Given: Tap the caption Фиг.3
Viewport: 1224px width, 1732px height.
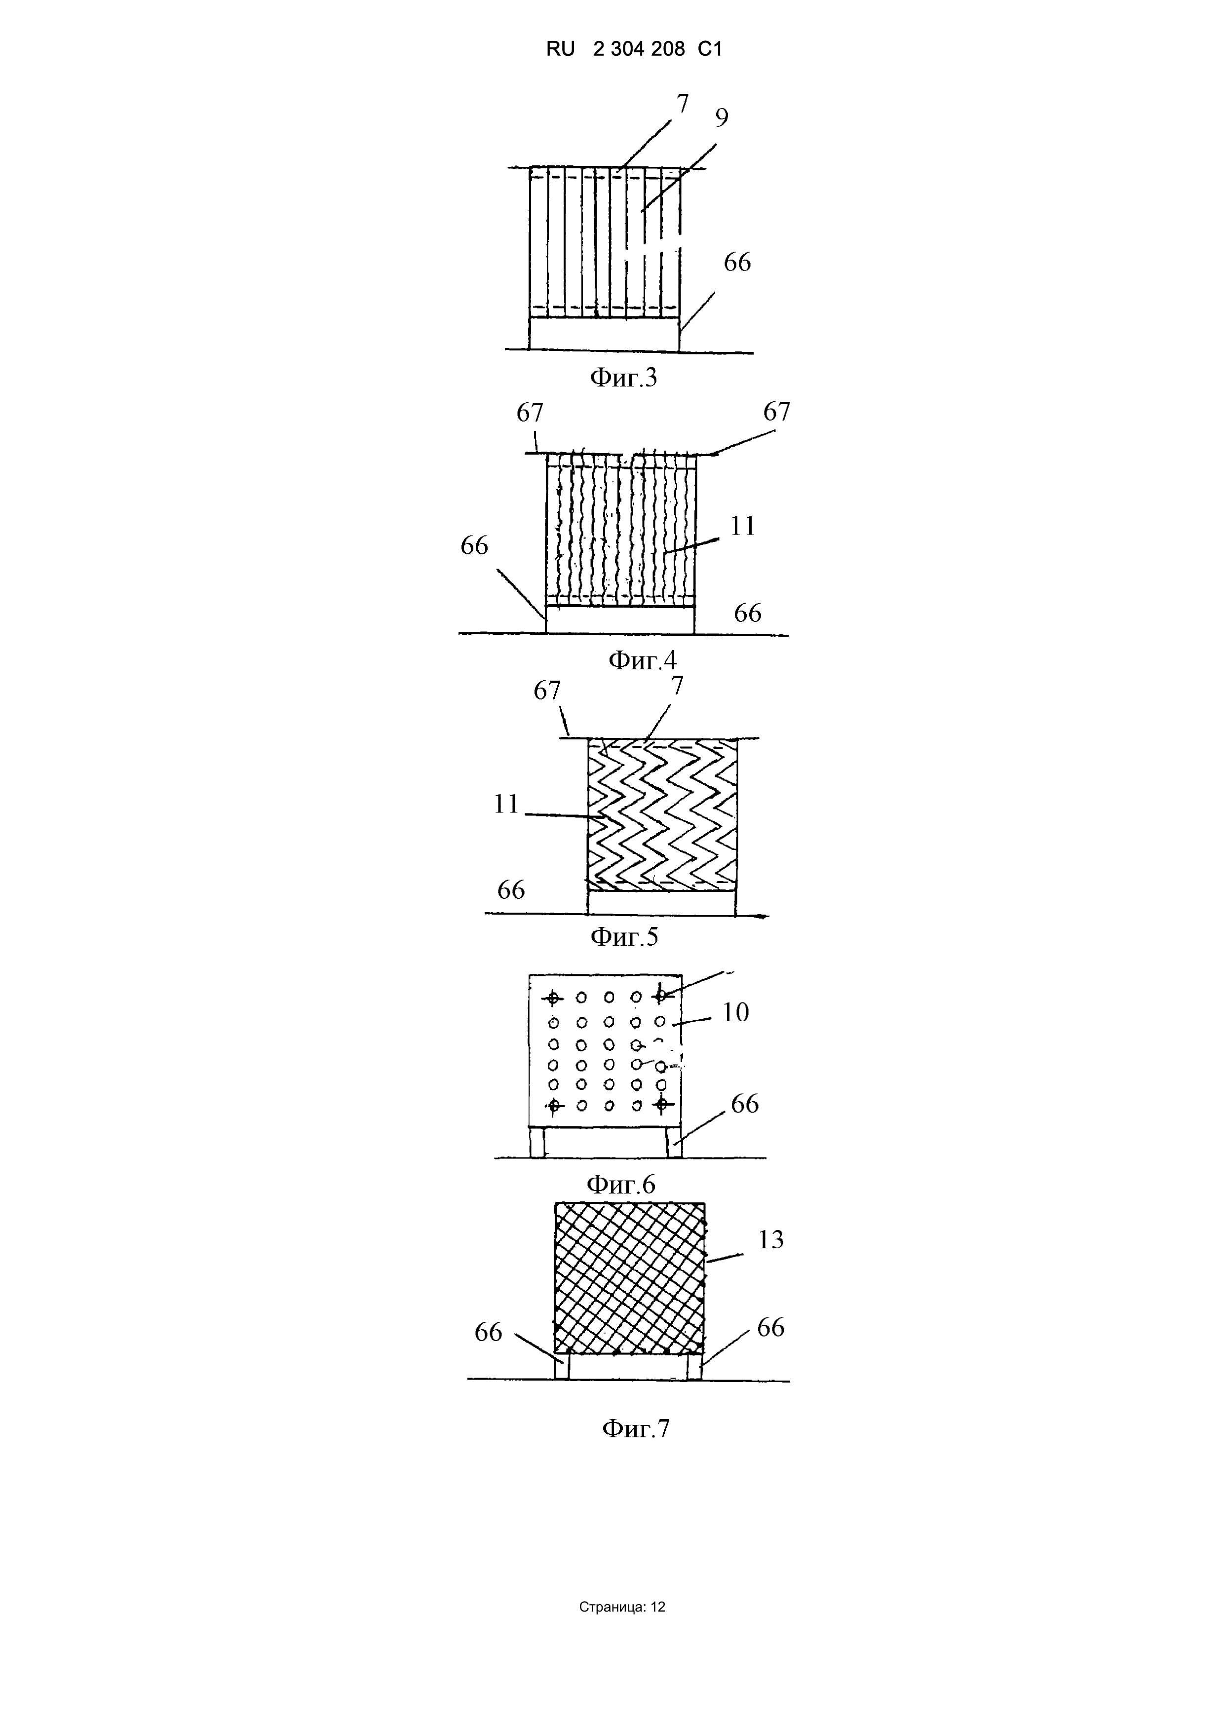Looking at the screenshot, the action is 623,377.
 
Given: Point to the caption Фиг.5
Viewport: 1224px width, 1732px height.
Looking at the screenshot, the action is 624,937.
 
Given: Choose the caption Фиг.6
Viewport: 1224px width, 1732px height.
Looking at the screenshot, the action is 621,1184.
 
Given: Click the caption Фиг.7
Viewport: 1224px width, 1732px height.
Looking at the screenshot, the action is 636,1429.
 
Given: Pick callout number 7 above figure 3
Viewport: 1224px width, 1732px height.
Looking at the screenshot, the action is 683,103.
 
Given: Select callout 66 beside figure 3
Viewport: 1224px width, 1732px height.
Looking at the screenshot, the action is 737,263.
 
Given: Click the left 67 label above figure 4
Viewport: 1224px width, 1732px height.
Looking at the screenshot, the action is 530,413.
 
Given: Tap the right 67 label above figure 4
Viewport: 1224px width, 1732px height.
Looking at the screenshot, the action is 777,412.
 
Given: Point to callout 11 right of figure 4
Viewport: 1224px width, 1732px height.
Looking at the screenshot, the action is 743,526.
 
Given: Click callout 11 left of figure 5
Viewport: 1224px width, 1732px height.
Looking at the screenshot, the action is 506,804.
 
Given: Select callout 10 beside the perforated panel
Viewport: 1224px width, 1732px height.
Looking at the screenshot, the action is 735,1012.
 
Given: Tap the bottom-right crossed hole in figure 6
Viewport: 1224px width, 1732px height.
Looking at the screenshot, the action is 662,1105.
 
